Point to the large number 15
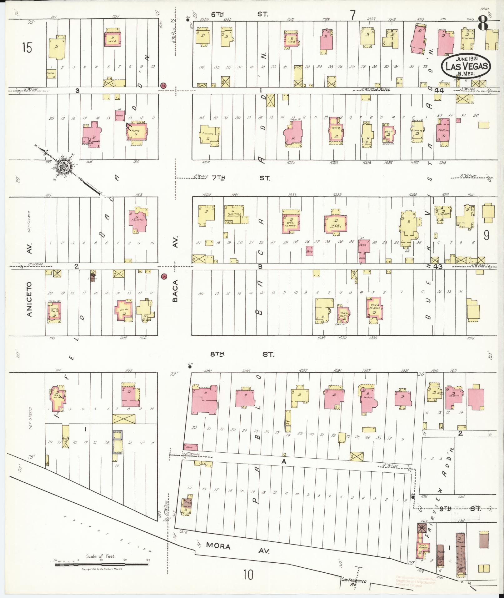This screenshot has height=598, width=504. [27, 48]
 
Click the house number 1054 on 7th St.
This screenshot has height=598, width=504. [206, 162]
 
